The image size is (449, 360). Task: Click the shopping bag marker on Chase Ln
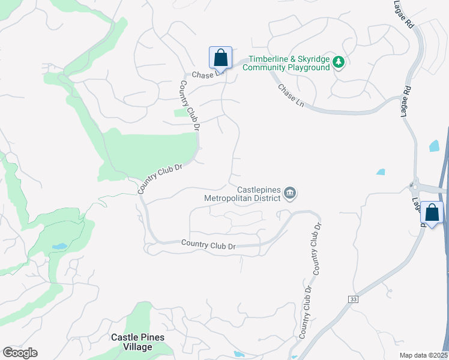pyautogui.click(x=220, y=58)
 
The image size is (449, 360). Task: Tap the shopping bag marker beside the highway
pyautogui.click(x=432, y=213)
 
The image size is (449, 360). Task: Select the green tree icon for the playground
pyautogui.click(x=339, y=62)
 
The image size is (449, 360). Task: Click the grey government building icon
pyautogui.click(x=290, y=193)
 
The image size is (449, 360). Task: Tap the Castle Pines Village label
pyautogui.click(x=137, y=341)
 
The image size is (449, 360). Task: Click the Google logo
pyautogui.click(x=20, y=353)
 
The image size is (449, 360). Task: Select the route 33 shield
pyautogui.click(x=352, y=298)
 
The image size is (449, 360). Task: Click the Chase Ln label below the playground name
pyautogui.click(x=291, y=95)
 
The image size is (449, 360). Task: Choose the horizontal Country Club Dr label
pyautogui.click(x=209, y=245)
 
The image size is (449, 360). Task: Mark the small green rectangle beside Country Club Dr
pyautogui.click(x=180, y=112)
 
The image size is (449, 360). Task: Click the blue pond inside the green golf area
pyautogui.click(x=59, y=247)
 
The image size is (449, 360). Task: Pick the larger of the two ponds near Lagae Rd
pyautogui.click(x=434, y=146)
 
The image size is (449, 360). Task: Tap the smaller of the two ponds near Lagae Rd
pyautogui.click(x=380, y=172)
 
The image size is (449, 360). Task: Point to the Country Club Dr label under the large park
pyautogui.click(x=160, y=178)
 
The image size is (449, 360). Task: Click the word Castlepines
pyautogui.click(x=259, y=189)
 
